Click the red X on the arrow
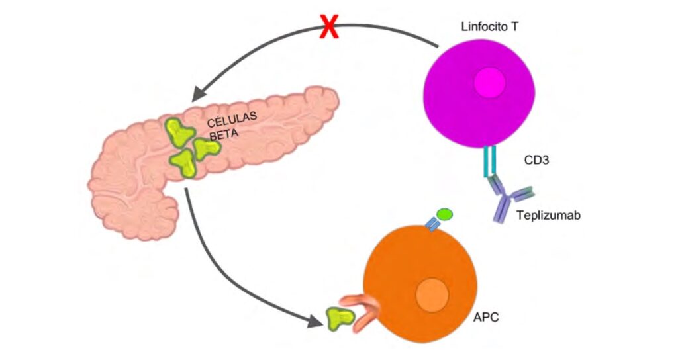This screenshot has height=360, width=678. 329,28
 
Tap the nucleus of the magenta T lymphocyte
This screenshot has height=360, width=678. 490,85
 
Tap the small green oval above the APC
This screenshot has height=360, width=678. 444,214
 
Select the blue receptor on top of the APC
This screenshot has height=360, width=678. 432,226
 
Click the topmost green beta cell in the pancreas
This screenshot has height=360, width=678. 177,132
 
